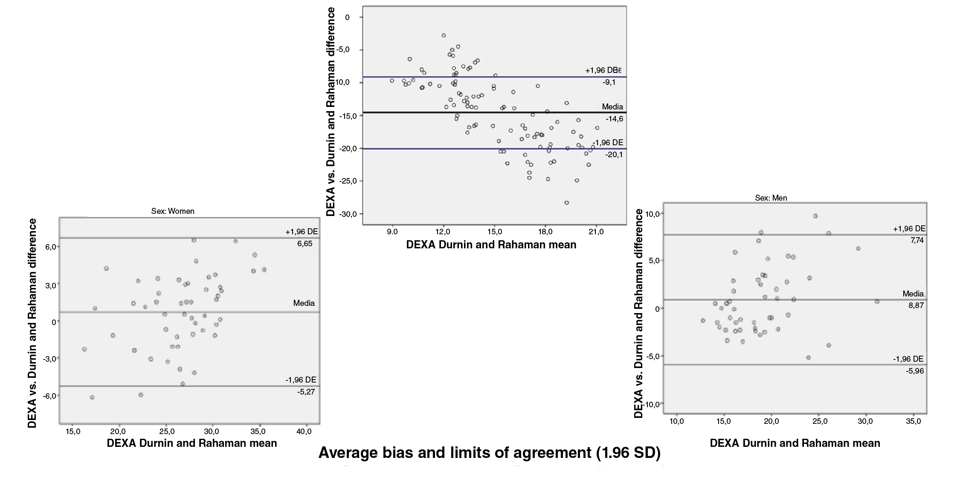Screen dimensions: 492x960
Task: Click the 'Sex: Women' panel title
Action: coord(173,211)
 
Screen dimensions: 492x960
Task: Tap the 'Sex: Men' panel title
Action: coord(771,198)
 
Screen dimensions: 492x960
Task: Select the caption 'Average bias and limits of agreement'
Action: coord(489,453)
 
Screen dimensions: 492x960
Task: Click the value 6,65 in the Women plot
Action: coord(305,244)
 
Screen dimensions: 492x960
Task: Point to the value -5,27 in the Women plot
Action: coord(306,392)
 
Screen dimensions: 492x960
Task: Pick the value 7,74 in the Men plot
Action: coord(917,240)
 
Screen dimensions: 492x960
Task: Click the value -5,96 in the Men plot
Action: coord(915,371)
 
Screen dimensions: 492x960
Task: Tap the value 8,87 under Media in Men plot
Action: coord(916,305)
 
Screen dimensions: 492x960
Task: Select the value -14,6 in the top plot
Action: coord(614,119)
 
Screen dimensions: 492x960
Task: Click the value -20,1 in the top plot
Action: coord(614,155)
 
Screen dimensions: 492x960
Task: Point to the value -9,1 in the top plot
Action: coord(609,83)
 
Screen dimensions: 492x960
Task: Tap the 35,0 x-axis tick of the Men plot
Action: coord(913,421)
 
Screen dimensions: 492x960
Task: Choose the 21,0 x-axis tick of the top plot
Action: coord(596,232)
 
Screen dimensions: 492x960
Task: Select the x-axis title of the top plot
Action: coord(491,245)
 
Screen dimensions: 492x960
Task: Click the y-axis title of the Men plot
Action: coord(638,314)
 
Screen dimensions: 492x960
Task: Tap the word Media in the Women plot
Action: coord(304,303)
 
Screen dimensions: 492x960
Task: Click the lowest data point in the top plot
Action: coord(566,203)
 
